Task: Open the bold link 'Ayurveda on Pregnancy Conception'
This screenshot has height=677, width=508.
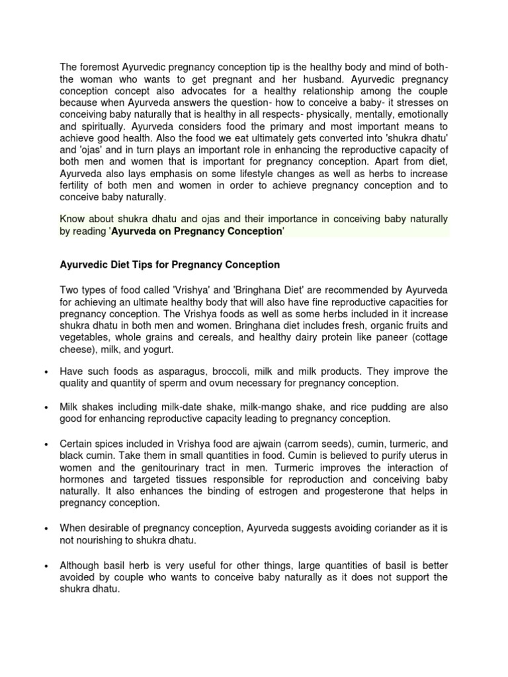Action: [x=196, y=231]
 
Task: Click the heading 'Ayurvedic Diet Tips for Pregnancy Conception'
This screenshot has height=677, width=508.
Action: [x=169, y=264]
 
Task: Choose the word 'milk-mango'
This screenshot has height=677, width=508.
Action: [x=261, y=407]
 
